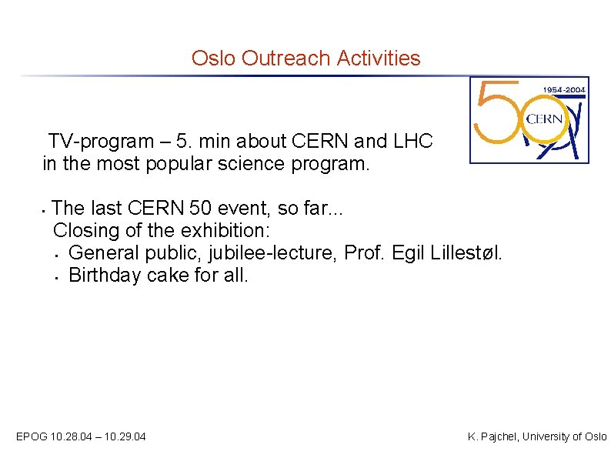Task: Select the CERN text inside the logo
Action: [544, 119]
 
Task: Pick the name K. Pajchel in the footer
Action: [494, 437]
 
